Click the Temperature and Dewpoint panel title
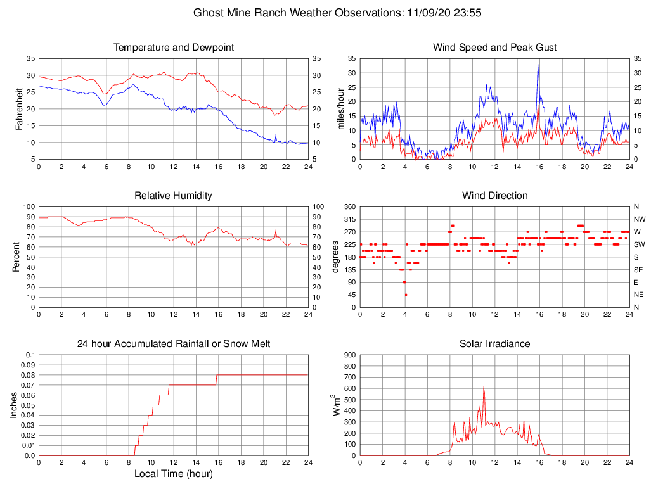tap(174, 48)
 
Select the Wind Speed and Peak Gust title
tap(494, 48)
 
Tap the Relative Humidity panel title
tap(174, 196)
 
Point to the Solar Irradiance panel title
tap(494, 344)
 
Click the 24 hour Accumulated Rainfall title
tap(174, 344)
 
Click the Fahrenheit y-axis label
tap(19, 109)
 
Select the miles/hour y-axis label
tap(340, 109)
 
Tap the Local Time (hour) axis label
tap(174, 474)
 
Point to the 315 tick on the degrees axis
tap(349, 219)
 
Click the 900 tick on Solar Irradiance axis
tap(349, 355)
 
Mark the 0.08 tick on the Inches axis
tap(28, 375)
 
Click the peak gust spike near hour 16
tap(538, 65)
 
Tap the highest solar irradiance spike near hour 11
tap(484, 388)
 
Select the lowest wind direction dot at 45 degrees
tap(406, 295)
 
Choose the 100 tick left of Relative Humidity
tap(28, 206)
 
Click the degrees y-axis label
tap(336, 257)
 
